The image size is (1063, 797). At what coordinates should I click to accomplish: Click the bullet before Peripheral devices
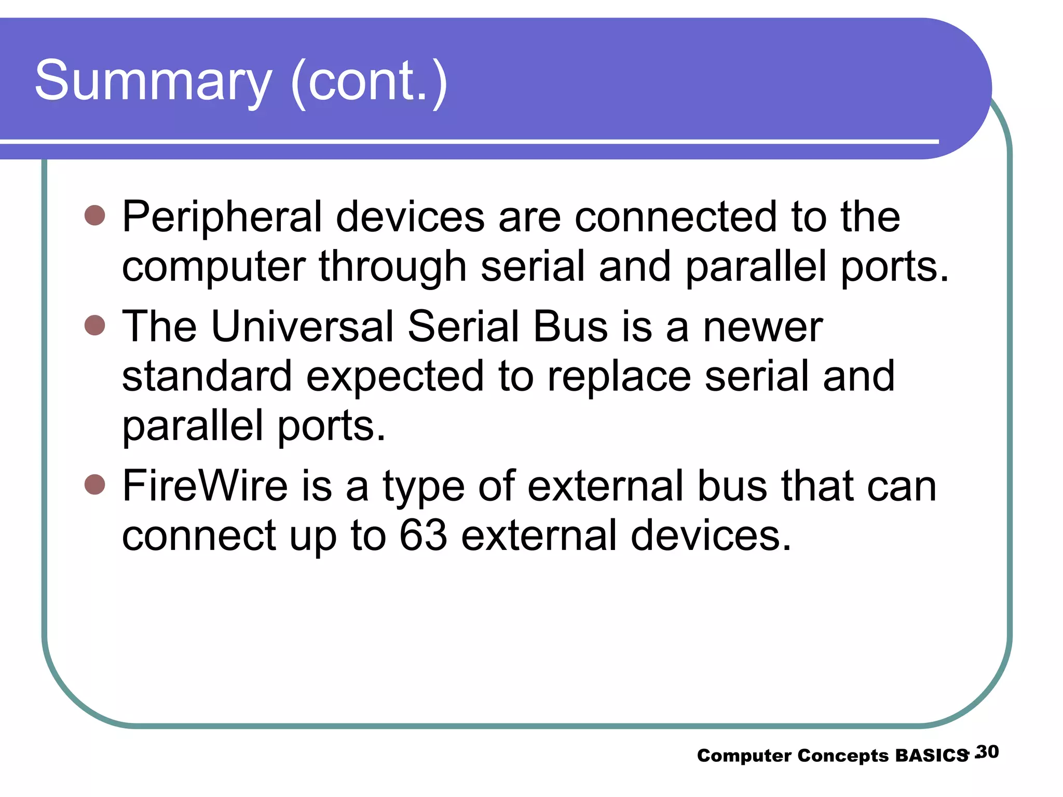pyautogui.click(x=94, y=215)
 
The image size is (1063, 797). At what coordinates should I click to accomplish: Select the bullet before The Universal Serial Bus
pyautogui.click(x=94, y=325)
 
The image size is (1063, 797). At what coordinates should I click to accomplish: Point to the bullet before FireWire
pyautogui.click(x=94, y=485)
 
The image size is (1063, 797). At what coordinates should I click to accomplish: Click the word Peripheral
pyautogui.click(x=222, y=218)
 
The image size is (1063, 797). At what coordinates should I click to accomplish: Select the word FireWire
pyautogui.click(x=205, y=486)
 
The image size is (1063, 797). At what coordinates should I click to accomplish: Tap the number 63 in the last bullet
pyautogui.click(x=423, y=535)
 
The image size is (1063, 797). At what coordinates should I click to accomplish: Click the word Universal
pyautogui.click(x=302, y=327)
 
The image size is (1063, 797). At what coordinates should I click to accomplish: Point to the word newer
pyautogui.click(x=762, y=328)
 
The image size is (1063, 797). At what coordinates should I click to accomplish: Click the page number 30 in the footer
pyautogui.click(x=988, y=752)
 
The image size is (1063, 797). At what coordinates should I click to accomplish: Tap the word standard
pyautogui.click(x=207, y=377)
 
